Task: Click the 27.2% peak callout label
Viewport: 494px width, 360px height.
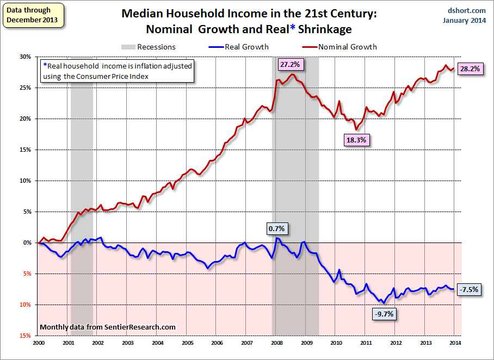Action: [290, 64]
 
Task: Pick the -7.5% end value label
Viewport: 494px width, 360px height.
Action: [468, 289]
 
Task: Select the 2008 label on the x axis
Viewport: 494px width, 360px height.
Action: [276, 344]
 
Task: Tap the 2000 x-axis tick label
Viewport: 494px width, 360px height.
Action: [39, 344]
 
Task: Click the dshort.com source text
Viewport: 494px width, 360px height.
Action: [467, 10]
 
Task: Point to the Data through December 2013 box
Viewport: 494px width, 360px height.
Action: [32, 15]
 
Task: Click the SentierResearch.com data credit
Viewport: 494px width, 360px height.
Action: [108, 327]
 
